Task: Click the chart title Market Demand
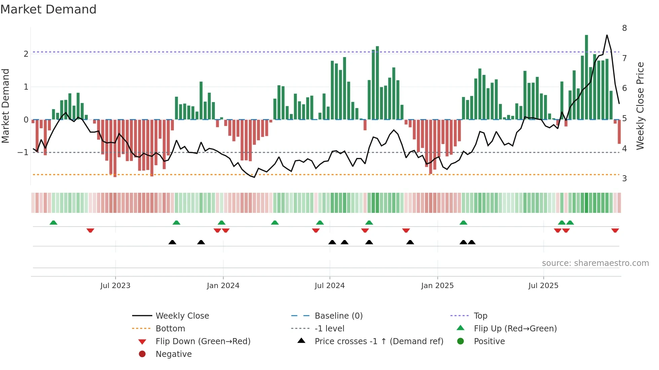48,9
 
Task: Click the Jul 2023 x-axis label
115,286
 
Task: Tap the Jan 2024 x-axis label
223,286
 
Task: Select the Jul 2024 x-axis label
329,286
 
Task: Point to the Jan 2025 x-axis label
437,286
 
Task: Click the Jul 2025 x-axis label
543,286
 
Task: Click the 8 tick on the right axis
624,28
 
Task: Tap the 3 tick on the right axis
624,179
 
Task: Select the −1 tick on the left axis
23,152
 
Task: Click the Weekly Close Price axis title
640,106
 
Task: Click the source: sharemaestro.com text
595,263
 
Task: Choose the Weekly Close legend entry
182,316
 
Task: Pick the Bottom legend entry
170,329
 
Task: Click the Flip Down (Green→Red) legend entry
203,341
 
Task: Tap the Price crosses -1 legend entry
379,341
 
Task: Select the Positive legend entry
489,341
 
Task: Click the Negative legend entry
173,354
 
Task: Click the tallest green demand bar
586,77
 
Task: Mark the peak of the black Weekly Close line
607,35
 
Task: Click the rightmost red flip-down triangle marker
615,230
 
